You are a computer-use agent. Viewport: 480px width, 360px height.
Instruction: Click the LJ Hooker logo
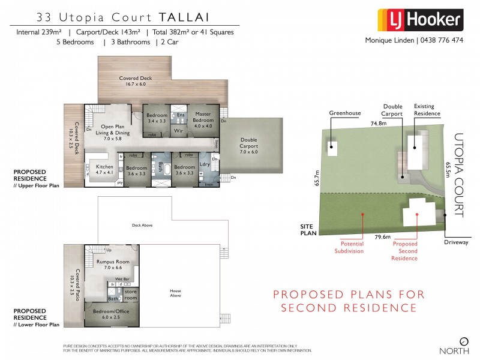click(x=419, y=20)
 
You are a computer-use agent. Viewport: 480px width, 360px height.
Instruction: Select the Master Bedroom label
click(x=202, y=116)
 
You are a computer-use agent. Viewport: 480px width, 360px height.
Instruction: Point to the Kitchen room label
click(x=104, y=169)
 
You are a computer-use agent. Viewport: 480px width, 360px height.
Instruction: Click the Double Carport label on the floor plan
click(x=249, y=142)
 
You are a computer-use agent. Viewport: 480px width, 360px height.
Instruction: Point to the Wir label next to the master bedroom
click(x=178, y=130)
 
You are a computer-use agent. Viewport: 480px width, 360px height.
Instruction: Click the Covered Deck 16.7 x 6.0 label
click(x=136, y=81)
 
